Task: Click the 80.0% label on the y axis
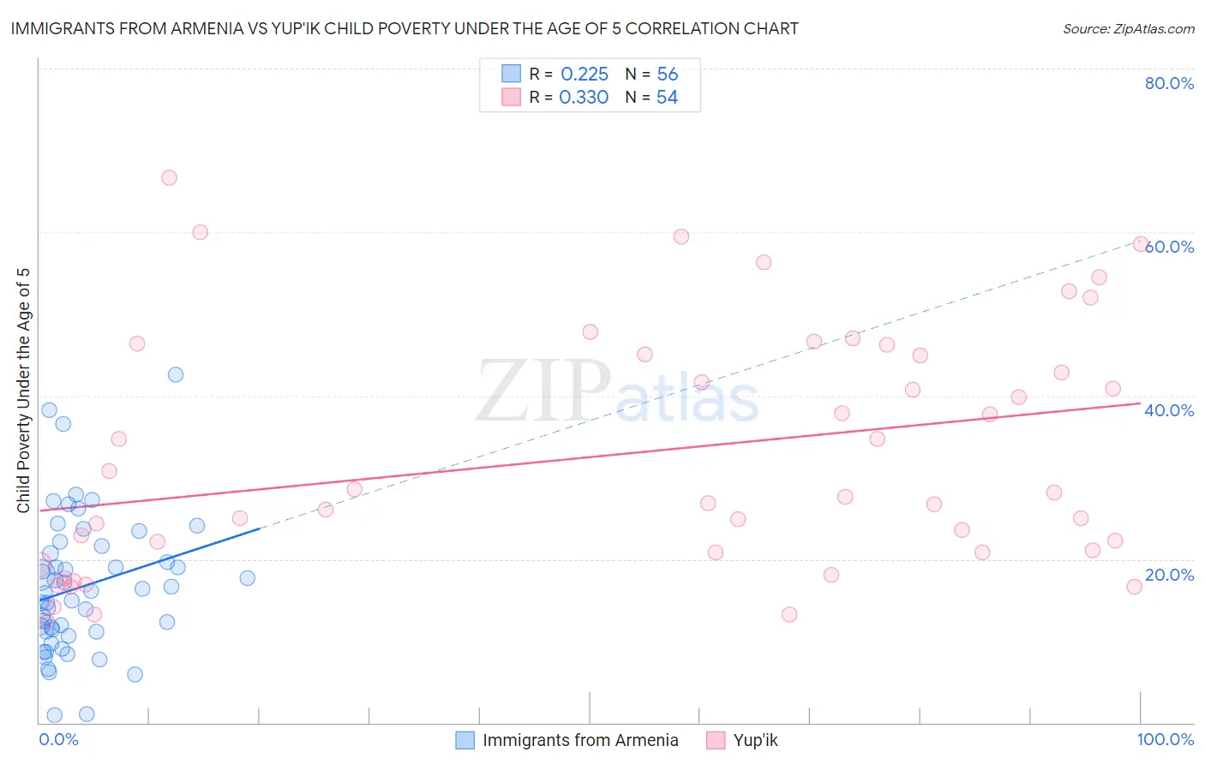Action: coord(1169,83)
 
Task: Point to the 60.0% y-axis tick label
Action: coord(1170,247)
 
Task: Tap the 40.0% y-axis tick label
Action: coord(1169,410)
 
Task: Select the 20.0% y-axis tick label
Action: coord(1169,575)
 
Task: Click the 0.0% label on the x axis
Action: coord(58,739)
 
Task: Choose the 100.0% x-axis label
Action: coord(1165,739)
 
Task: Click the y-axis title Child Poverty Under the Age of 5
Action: coord(23,391)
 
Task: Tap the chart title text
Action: coord(405,28)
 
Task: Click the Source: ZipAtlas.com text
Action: coord(1128,29)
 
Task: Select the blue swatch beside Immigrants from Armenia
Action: coord(465,740)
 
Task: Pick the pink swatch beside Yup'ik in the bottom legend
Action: coord(716,740)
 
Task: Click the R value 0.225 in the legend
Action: coord(585,74)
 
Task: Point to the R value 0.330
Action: coord(584,98)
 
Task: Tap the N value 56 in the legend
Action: coord(667,74)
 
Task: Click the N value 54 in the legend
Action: coord(667,98)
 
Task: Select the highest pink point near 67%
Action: coord(169,178)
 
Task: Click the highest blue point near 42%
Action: coord(176,374)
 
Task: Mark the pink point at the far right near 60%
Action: coord(1141,244)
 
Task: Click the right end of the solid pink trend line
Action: coord(1140,403)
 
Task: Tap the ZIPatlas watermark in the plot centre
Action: coord(617,392)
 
